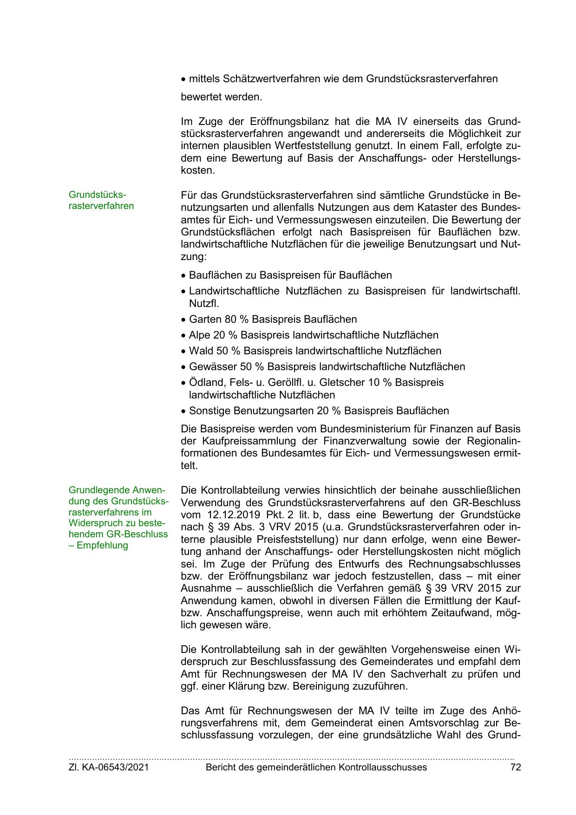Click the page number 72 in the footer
[x=515, y=768]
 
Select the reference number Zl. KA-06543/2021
[x=109, y=768]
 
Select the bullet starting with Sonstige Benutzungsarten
[x=319, y=411]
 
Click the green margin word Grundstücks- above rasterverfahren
[x=98, y=194]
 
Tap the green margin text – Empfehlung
[x=98, y=546]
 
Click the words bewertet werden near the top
[x=221, y=98]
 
